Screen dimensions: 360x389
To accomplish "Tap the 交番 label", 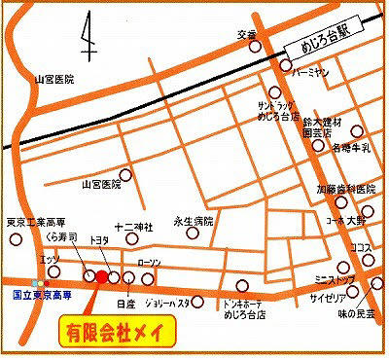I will [x=245, y=35].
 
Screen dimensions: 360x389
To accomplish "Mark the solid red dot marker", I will [x=103, y=277].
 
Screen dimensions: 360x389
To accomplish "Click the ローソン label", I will [x=150, y=262].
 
